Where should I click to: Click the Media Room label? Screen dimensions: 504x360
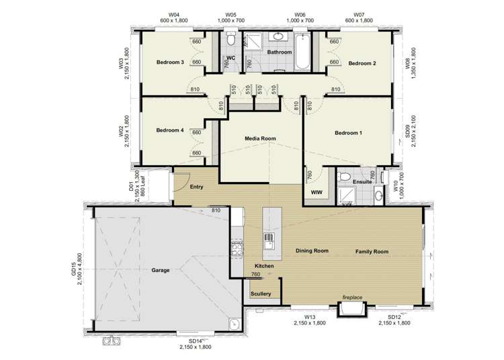pos(260,139)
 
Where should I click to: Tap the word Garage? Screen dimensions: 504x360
pos(161,271)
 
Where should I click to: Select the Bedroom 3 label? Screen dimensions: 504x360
pos(170,62)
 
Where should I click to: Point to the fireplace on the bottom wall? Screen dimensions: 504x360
pos(352,310)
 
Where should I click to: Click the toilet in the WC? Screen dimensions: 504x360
pos(230,39)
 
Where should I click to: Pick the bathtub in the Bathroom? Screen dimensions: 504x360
pos(302,52)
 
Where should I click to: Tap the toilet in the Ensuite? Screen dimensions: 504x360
pos(343,177)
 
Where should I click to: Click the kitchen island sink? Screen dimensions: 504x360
pos(268,241)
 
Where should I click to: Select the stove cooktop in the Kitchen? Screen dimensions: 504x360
pos(237,249)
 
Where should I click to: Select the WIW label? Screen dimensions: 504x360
pos(317,193)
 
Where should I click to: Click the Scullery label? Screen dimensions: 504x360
pos(261,294)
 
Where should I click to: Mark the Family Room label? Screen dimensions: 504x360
pos(372,252)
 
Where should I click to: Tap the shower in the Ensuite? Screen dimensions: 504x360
pos(347,195)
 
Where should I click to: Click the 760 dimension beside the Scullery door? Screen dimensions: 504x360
pos(255,274)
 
